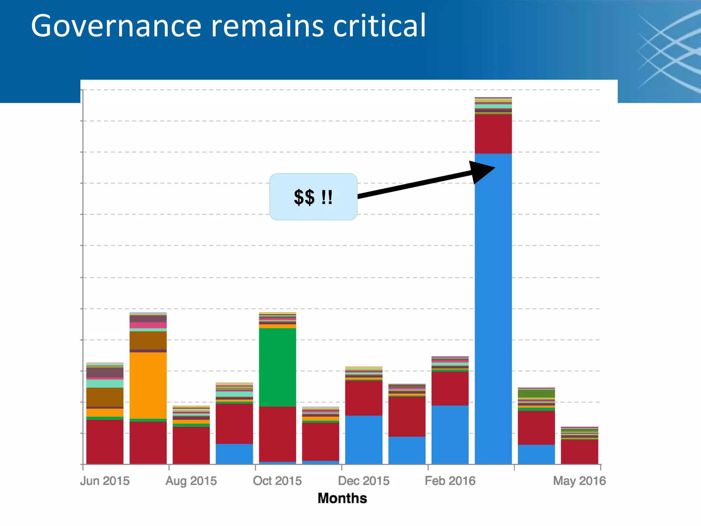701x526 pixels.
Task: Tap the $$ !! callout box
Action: (313, 197)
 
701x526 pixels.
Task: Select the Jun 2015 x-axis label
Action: (105, 481)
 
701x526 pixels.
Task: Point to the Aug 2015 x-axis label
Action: (191, 481)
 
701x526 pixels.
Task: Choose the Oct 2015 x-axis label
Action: (277, 481)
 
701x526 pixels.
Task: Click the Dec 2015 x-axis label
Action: (364, 481)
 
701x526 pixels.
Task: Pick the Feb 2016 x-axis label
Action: (450, 481)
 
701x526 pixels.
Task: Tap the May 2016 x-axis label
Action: (579, 481)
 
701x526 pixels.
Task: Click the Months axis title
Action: (342, 498)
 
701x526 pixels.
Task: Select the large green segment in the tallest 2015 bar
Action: (277, 367)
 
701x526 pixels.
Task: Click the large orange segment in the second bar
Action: (148, 385)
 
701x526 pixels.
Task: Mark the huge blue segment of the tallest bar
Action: (493, 308)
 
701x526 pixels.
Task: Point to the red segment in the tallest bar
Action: (493, 134)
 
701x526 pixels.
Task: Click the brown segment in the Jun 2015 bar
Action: (105, 397)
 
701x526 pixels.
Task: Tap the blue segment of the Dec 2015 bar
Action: (364, 440)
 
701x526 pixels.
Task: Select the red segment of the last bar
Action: (579, 452)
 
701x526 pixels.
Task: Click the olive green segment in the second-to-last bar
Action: (536, 393)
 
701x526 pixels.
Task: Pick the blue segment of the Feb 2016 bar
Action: (450, 435)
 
